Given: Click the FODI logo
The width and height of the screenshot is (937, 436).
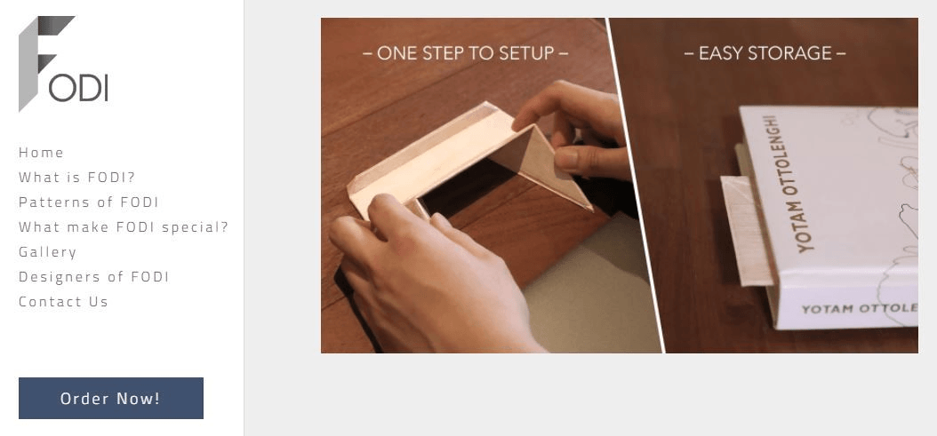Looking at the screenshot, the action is [63, 63].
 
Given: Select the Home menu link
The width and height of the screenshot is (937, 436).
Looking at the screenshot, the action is [41, 153].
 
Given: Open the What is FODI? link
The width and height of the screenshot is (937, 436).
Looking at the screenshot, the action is [77, 178].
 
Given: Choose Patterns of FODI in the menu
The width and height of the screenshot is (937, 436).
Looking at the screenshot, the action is [88, 202].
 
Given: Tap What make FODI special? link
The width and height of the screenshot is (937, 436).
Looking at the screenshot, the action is [124, 227].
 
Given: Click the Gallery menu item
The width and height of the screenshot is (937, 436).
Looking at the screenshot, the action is [48, 252].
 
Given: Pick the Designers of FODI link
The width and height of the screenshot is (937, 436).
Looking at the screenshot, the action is [94, 276].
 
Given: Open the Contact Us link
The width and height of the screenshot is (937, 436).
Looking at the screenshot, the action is [63, 302].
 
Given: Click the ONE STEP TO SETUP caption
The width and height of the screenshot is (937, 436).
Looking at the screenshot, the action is [466, 53].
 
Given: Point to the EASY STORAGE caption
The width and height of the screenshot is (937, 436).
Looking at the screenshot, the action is [765, 53].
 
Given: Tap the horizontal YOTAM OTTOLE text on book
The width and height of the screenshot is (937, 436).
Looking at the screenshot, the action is [860, 309].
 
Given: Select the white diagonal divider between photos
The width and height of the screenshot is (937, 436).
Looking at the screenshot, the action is [636, 186].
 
